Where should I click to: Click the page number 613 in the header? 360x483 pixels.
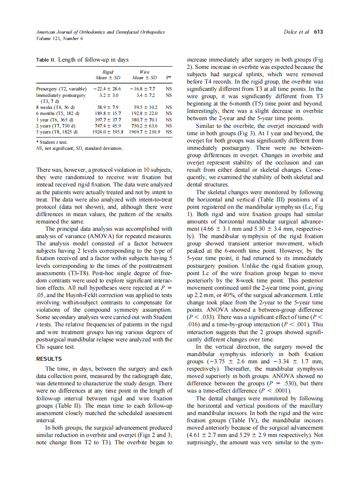318,32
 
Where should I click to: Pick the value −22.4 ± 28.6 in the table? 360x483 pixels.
107,88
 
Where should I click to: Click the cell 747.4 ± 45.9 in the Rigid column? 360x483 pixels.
107,125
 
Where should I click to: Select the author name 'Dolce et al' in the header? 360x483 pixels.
297,32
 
